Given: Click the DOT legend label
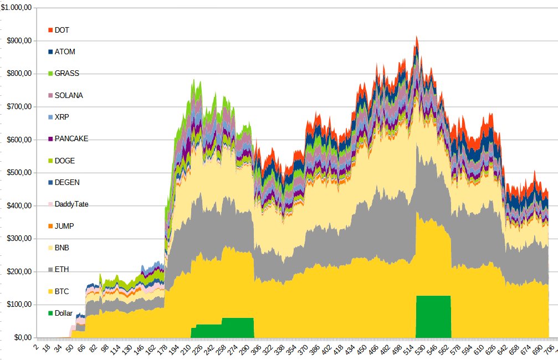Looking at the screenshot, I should pos(62,30).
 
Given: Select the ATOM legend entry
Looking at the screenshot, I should pos(65,52).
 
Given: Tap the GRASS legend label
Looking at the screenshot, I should pos(66,74).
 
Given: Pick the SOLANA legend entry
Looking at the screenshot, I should pos(69,95).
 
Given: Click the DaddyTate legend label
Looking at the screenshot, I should pos(71,204).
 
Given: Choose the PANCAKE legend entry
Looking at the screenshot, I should pos(71,139).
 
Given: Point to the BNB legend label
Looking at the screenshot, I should pos(62,248).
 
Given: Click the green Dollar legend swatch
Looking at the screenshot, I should pos(50,313).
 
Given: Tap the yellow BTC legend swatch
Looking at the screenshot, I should pos(50,291).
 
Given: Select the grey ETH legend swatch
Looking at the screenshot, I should pos(50,270).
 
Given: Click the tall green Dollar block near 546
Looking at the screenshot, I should pos(433,316).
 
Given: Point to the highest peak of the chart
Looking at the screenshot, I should pos(417,38).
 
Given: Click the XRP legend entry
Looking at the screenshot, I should pos(62,117).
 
